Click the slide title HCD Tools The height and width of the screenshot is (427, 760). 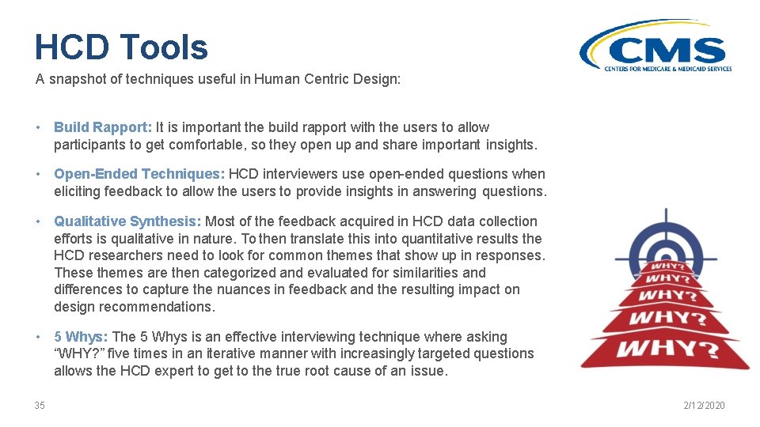(121, 47)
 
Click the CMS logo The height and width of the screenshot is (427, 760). (655, 50)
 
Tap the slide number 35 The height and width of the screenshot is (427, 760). (40, 406)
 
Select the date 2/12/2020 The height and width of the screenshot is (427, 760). (705, 406)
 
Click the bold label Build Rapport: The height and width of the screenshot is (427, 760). (103, 127)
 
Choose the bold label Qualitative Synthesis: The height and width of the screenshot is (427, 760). (127, 221)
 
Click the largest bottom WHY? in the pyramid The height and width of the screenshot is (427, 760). (665, 349)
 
